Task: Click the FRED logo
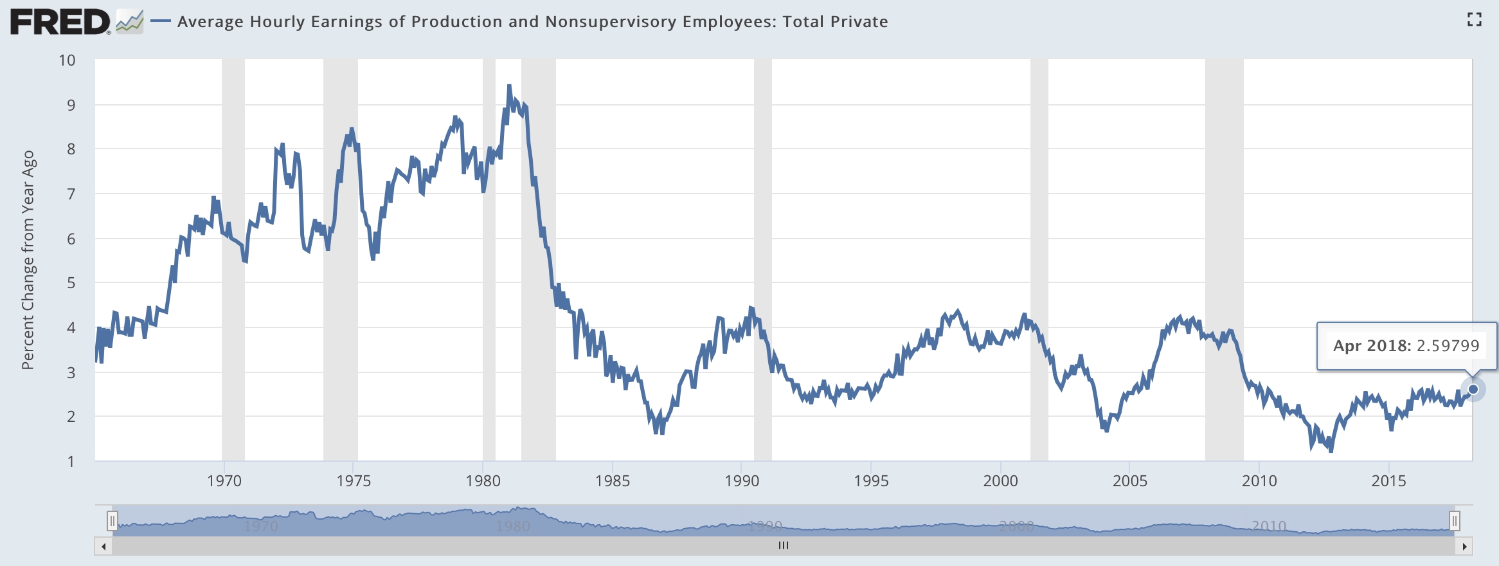point(60,23)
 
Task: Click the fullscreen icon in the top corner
point(1474,20)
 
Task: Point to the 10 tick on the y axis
point(67,60)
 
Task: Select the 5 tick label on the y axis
point(71,283)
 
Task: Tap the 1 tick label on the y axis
point(71,461)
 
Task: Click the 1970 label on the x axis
point(224,480)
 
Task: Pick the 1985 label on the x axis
point(613,480)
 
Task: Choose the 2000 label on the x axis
point(1000,480)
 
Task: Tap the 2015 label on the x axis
point(1388,480)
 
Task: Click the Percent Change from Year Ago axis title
point(28,260)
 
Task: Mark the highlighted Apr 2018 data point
point(1473,389)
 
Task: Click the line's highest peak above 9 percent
point(509,86)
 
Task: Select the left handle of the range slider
point(112,520)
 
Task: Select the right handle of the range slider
point(1454,520)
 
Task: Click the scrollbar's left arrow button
point(103,547)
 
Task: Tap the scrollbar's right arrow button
point(1464,547)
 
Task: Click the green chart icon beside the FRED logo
point(130,23)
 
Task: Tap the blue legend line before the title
point(160,21)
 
